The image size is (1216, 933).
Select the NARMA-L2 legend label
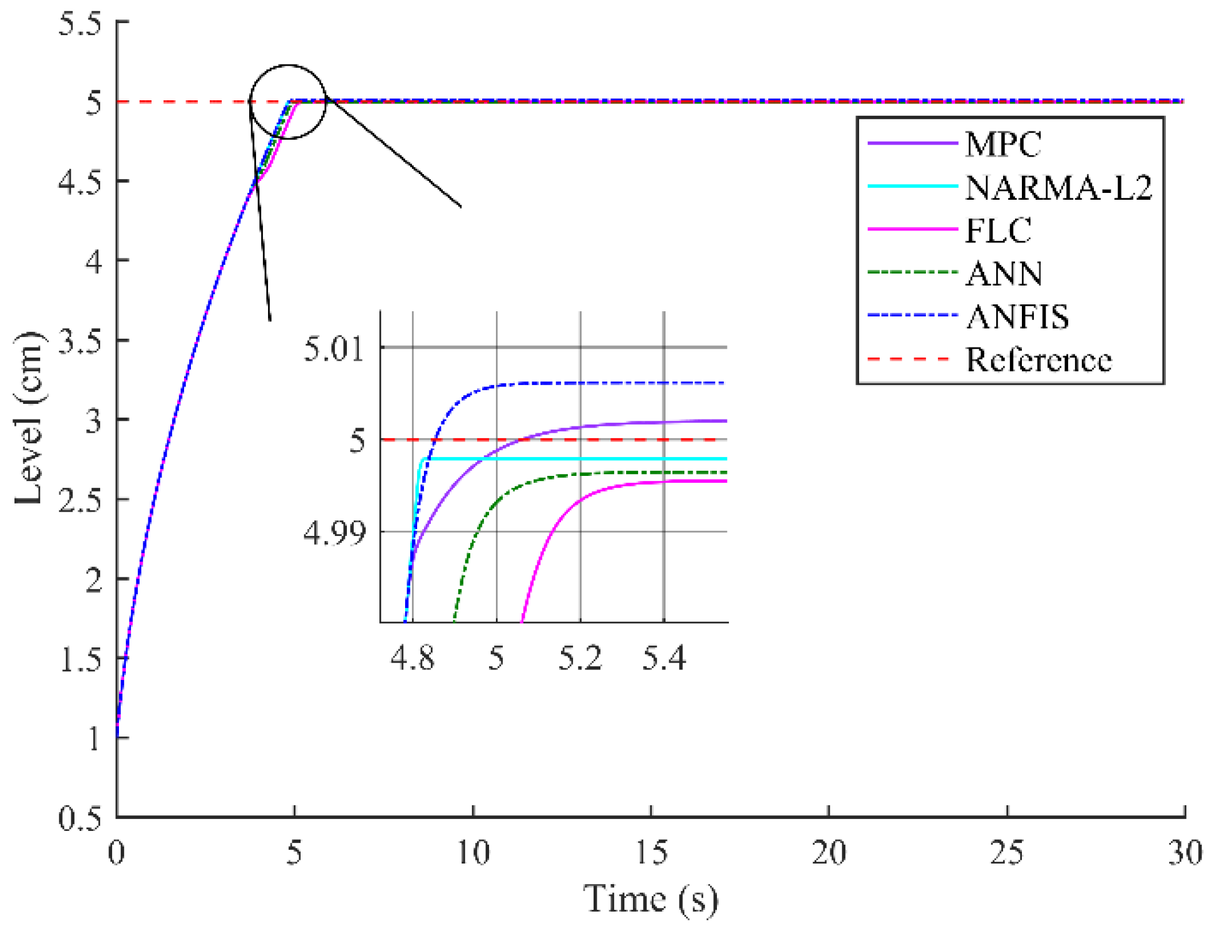click(1058, 188)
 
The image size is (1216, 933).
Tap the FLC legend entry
click(998, 230)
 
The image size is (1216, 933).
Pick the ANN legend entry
click(1004, 274)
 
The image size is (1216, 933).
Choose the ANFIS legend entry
click(1017, 317)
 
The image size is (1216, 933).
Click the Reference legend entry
click(1038, 360)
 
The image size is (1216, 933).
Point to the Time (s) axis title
click(651, 900)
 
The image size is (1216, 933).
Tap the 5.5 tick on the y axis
click(80, 23)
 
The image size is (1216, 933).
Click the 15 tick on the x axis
click(651, 853)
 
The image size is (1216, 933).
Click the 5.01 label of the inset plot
click(334, 349)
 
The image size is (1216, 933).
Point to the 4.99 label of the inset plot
click(334, 533)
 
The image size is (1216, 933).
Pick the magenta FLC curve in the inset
click(657, 482)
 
